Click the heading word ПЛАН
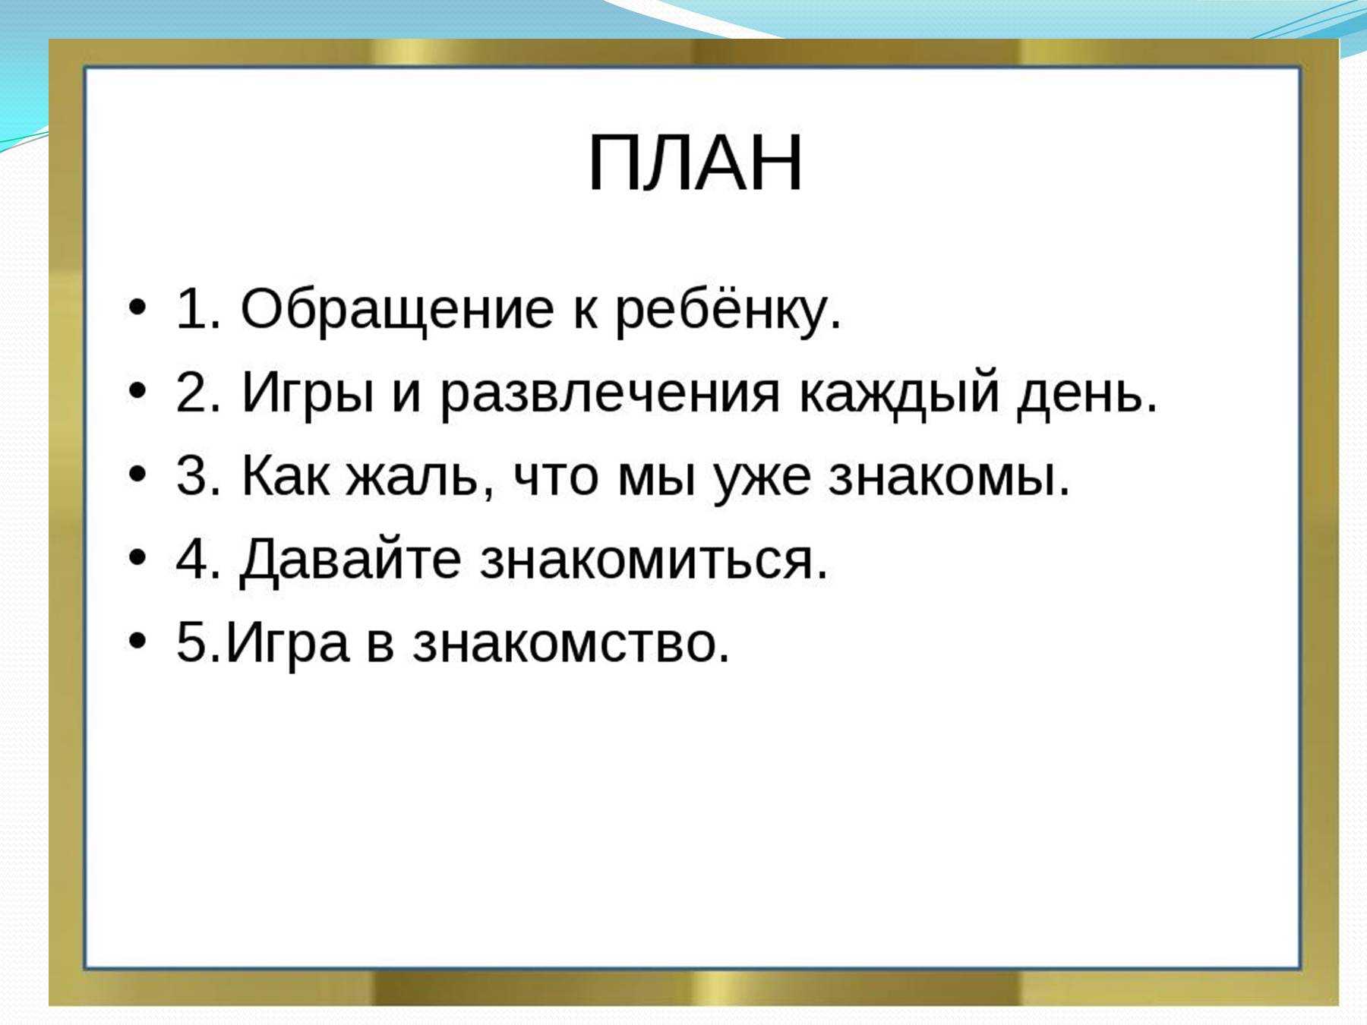(x=695, y=163)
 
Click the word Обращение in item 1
(x=397, y=310)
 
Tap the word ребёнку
(x=728, y=310)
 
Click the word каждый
(x=898, y=393)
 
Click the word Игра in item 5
(x=287, y=644)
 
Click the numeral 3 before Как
(x=193, y=477)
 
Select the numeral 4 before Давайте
(x=194, y=559)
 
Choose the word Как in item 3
(x=286, y=477)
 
